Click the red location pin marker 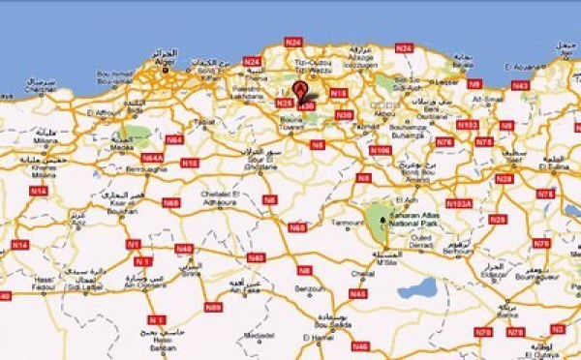303,91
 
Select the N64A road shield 152,157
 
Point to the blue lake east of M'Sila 416,287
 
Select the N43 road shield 520,85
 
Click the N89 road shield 213,307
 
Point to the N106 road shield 381,150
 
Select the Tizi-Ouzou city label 312,64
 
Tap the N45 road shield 358,292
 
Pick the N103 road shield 469,124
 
